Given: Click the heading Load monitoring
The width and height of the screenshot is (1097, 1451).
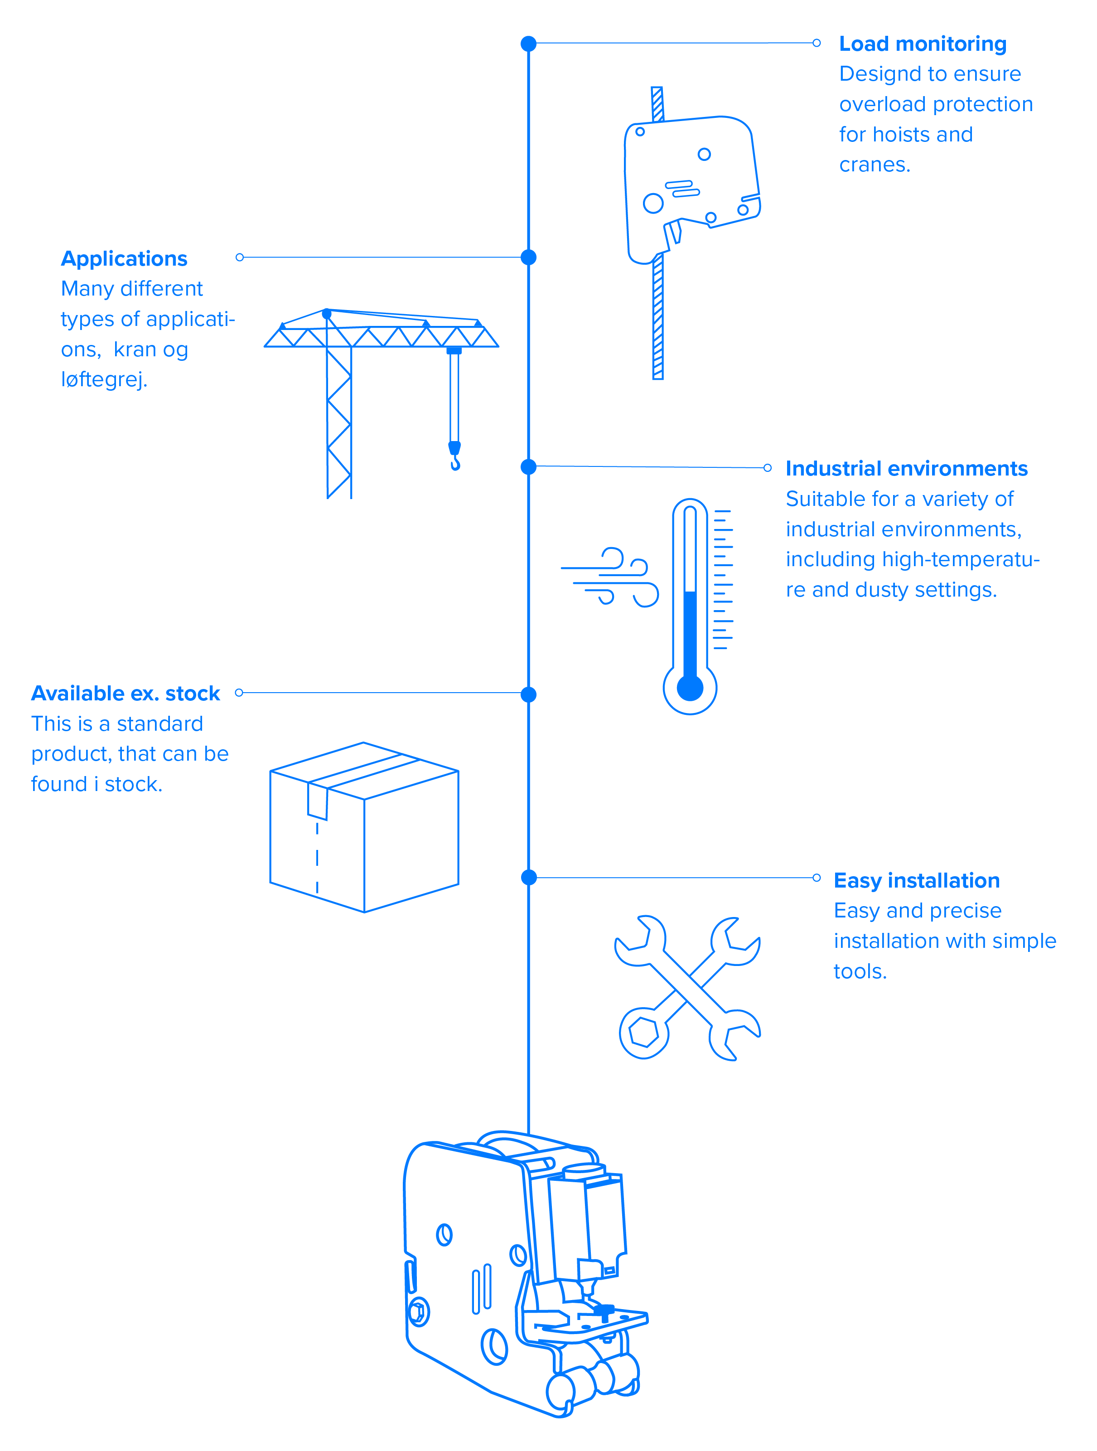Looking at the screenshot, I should (x=922, y=44).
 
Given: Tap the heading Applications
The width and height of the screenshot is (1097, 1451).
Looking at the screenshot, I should (x=124, y=258).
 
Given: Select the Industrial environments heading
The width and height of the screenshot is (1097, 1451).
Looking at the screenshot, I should (x=906, y=468).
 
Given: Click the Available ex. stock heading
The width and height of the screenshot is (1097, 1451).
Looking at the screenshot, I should (x=125, y=694).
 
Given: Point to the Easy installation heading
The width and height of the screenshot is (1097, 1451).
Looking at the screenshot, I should (x=916, y=880).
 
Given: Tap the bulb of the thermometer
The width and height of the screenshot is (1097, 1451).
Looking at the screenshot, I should (x=690, y=688).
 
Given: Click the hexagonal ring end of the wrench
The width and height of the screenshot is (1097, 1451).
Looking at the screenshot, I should (x=644, y=1034).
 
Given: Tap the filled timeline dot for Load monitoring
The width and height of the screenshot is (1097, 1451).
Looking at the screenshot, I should (x=528, y=44).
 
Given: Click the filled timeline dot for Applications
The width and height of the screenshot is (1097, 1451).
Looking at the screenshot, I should (x=528, y=257).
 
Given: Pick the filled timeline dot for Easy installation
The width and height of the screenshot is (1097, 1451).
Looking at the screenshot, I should (x=528, y=878).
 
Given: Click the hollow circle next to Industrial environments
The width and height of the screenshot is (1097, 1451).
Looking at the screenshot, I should (x=767, y=468).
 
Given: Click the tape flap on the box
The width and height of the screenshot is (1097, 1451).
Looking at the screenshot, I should (x=317, y=800).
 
